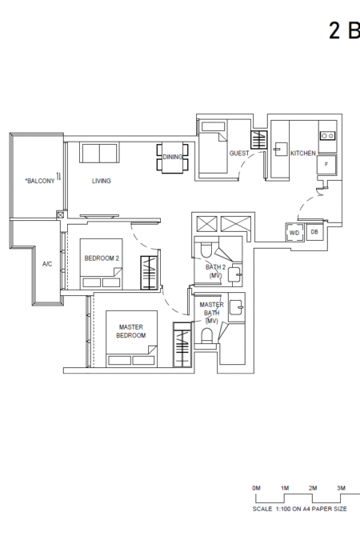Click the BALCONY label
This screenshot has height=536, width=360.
[x=40, y=181]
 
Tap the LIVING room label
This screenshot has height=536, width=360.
[x=101, y=181]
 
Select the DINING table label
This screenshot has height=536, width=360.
[x=173, y=157]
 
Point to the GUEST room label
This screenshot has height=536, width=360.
[x=239, y=153]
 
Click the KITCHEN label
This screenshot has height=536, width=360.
[x=303, y=153]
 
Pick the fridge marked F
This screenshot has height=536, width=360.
[x=326, y=165]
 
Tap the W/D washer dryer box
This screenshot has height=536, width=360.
[x=294, y=233]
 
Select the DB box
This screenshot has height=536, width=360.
[x=315, y=232]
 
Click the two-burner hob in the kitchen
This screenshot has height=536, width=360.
[x=327, y=136]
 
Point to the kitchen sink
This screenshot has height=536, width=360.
[x=280, y=150]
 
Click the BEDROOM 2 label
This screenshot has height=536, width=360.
[x=102, y=258]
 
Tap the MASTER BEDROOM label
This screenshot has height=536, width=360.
[x=131, y=331]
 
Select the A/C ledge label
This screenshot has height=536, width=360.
[x=47, y=264]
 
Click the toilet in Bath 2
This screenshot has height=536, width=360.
[x=206, y=250]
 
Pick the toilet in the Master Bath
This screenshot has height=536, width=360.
[x=207, y=335]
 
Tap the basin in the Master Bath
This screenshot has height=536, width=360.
[x=236, y=307]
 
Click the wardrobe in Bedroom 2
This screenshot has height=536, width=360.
[x=149, y=273]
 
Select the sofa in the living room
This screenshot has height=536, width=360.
[x=99, y=153]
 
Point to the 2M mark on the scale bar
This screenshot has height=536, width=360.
[x=313, y=488]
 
